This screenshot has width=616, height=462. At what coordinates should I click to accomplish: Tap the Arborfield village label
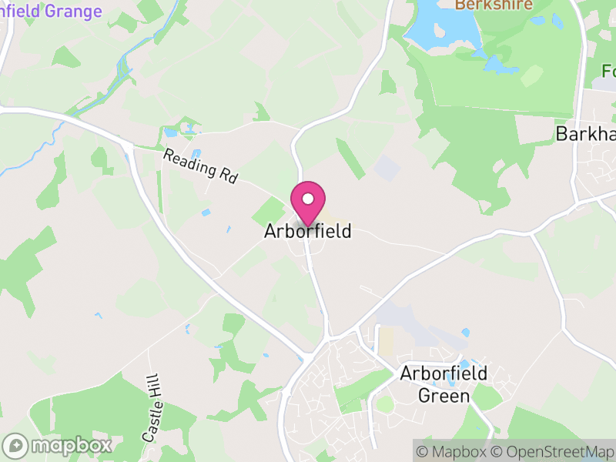[x=308, y=231]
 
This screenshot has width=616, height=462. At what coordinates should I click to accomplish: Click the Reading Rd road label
[x=200, y=166]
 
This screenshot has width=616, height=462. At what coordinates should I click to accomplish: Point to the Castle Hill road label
[x=150, y=408]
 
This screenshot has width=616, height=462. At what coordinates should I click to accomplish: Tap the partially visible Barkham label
[x=585, y=135]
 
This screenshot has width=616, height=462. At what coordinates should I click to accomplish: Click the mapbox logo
[x=58, y=445]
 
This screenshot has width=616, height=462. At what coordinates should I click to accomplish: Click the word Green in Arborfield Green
[x=444, y=396]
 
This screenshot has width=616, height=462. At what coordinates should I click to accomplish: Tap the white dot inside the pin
[x=308, y=199]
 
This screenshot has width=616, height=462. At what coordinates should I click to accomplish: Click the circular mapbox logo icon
[x=15, y=445]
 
